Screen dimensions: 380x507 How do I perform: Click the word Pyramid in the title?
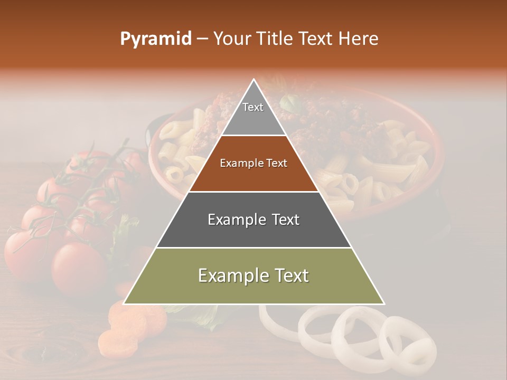(x=156, y=39)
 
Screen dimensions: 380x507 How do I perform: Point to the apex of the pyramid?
(x=254, y=80)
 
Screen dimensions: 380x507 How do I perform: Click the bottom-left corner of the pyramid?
(x=125, y=303)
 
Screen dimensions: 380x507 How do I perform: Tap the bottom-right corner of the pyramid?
(x=383, y=303)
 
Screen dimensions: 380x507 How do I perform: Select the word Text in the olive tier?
(x=288, y=275)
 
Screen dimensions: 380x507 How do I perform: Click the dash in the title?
(x=202, y=39)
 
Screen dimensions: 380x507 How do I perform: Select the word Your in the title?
(x=231, y=39)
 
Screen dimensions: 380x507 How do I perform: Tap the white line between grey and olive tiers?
(x=253, y=248)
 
